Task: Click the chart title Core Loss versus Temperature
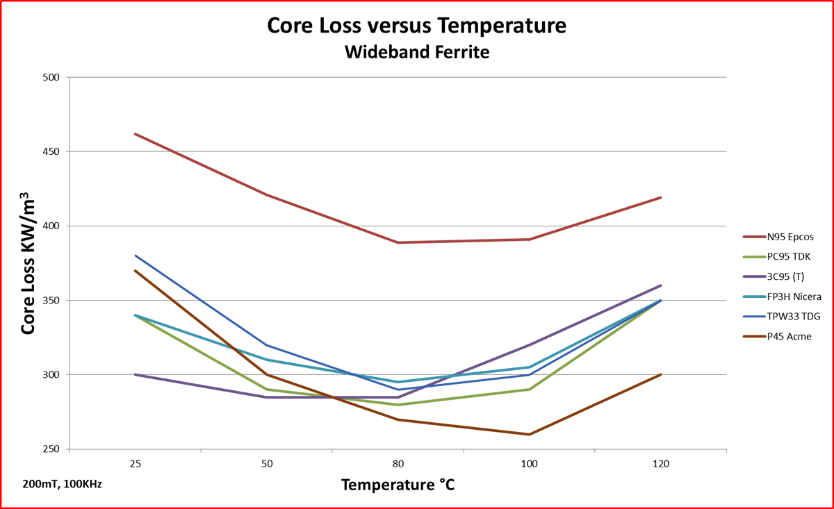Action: click(417, 26)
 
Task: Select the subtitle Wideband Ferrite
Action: click(417, 51)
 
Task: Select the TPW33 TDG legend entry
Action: click(785, 317)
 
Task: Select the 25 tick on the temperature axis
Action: click(134, 463)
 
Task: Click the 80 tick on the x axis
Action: click(398, 463)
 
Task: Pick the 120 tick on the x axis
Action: click(660, 463)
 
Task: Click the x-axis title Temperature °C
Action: click(398, 484)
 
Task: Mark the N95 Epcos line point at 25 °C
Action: click(135, 133)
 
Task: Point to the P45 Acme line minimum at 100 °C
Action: click(530, 435)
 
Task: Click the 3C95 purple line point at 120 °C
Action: click(660, 285)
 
